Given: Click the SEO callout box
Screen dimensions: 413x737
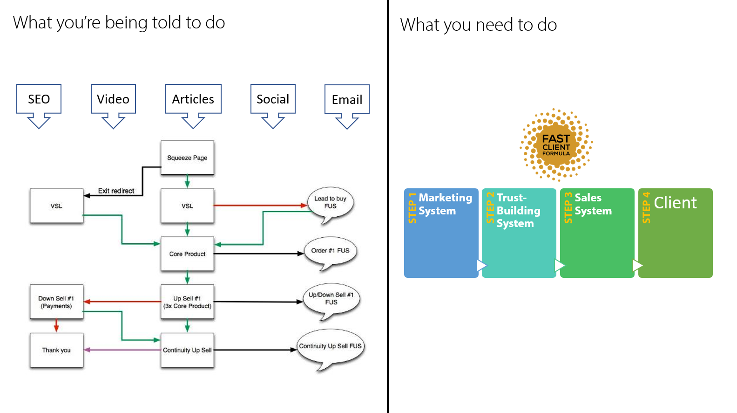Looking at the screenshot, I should tap(39, 99).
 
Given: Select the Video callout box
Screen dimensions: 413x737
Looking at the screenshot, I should tap(113, 99).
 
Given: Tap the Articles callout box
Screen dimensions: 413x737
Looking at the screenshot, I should tap(193, 99).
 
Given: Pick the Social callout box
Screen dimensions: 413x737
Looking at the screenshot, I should tap(273, 99).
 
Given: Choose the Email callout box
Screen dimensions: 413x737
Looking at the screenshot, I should tap(347, 99).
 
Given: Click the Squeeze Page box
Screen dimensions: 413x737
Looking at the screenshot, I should tap(187, 158).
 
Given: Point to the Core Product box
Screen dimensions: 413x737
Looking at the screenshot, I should tap(187, 254).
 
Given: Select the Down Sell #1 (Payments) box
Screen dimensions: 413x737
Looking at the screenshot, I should tap(56, 302).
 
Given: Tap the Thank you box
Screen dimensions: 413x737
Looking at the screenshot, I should tap(56, 350).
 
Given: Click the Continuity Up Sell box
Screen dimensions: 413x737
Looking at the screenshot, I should tap(187, 350).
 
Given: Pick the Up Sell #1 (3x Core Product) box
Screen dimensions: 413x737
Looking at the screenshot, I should tap(187, 302).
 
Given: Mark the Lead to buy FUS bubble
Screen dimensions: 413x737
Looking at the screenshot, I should tap(330, 203).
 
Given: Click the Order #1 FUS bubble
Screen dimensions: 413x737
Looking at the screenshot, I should tap(330, 251).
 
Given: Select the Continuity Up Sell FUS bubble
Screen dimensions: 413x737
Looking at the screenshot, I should tap(330, 347).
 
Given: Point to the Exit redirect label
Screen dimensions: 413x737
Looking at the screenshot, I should tap(116, 191).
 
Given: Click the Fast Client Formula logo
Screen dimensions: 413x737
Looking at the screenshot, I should tap(556, 145).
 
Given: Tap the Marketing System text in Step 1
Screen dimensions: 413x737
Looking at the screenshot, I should tap(445, 204).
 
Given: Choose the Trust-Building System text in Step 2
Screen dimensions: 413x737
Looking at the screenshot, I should tap(518, 211).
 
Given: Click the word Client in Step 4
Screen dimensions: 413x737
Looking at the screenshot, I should tap(675, 203).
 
